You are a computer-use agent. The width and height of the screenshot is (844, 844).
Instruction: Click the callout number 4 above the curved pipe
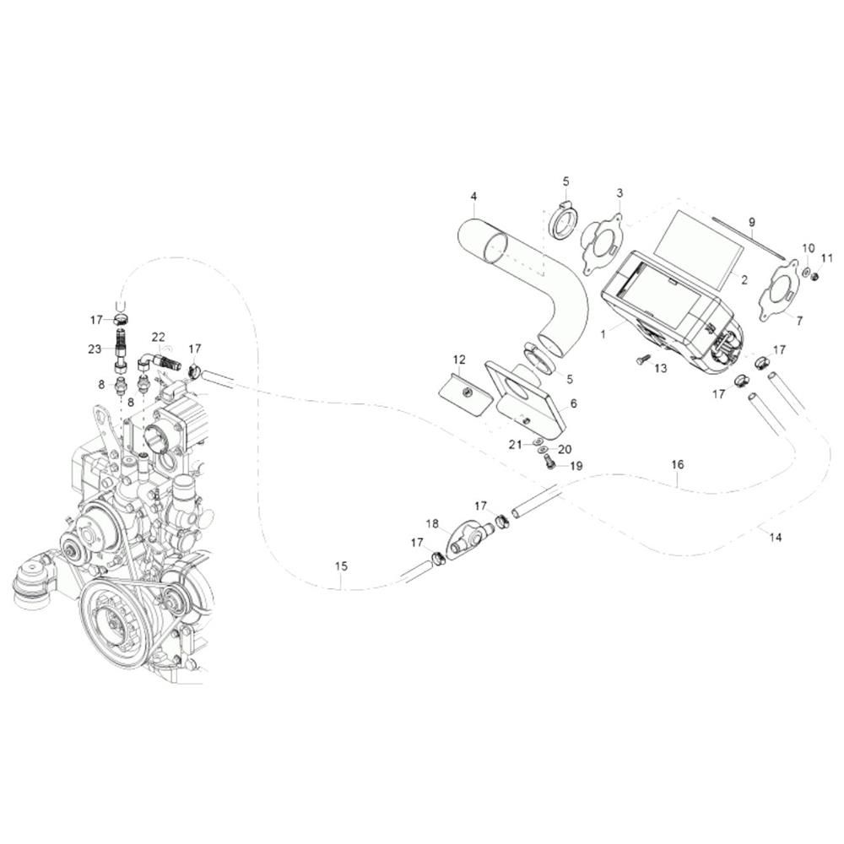[x=473, y=196]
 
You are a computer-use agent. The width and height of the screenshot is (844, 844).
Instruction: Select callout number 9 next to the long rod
[x=751, y=222]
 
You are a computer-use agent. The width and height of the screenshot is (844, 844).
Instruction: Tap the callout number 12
[x=459, y=360]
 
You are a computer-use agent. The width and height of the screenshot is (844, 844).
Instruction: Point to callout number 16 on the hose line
[x=678, y=464]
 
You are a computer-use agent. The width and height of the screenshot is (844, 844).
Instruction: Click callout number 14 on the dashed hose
[x=776, y=537]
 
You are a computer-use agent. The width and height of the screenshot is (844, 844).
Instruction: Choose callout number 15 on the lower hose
[x=341, y=566]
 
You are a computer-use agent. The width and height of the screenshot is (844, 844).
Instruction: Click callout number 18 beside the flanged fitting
[x=433, y=524]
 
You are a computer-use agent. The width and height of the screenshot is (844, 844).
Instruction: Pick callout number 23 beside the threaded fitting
[x=95, y=349]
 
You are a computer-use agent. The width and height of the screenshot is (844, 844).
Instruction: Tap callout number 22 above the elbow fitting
[x=158, y=337]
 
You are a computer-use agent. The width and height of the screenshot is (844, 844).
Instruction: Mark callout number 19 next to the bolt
[x=576, y=466]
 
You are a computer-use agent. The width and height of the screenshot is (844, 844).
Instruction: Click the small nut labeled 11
[x=814, y=277]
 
